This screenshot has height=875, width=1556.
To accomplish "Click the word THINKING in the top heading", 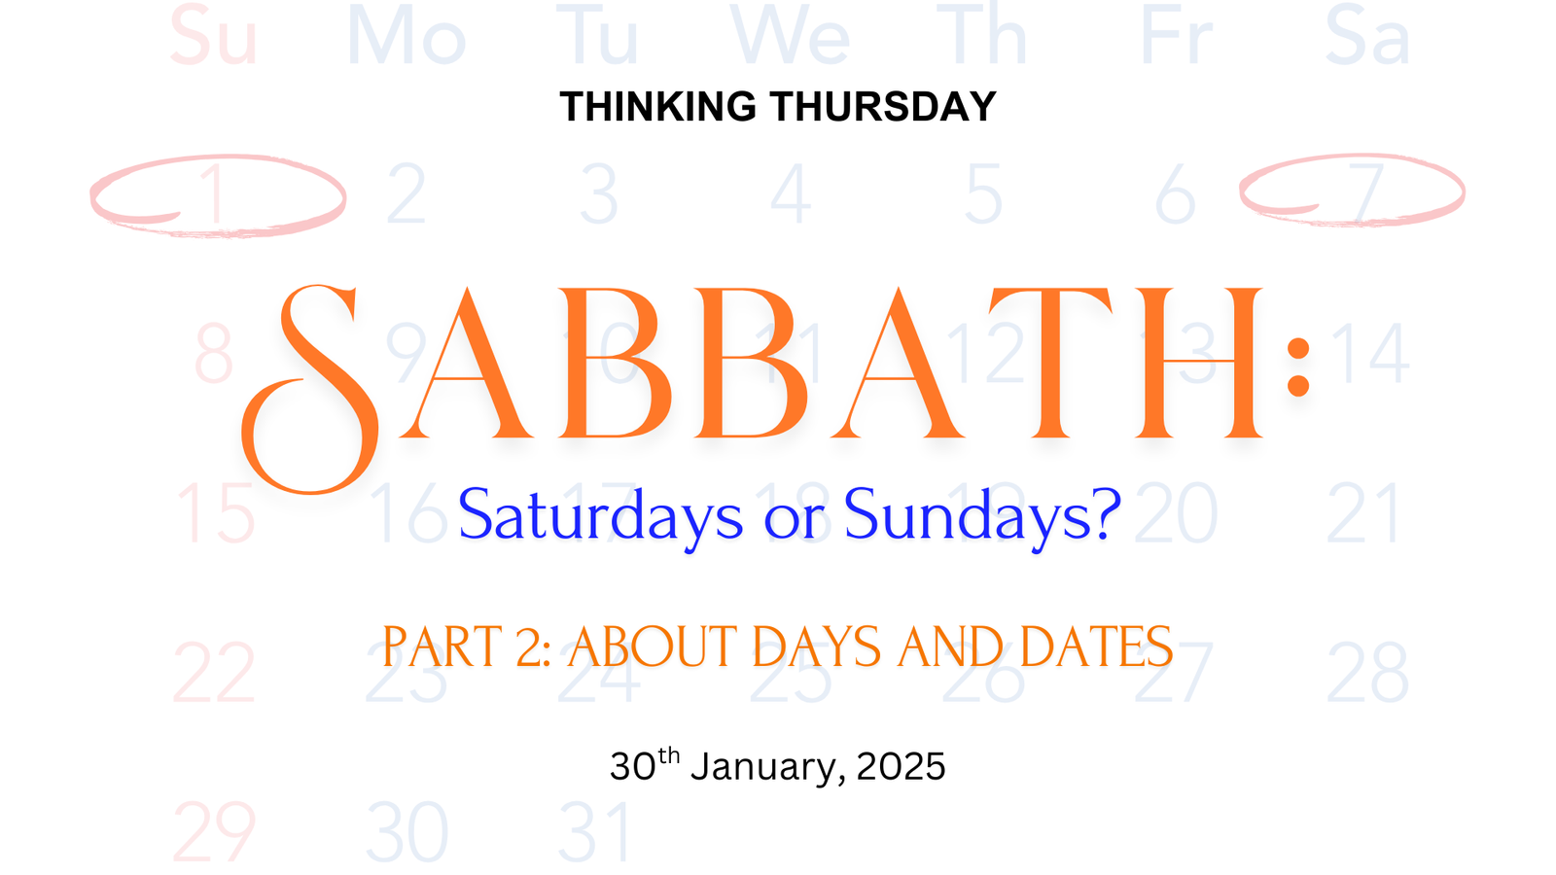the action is (657, 106).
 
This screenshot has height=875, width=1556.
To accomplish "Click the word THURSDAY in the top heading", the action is (883, 106).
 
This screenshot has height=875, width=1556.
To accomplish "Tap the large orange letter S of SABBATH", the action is (310, 389).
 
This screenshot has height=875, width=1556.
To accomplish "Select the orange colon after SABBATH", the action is (1297, 367).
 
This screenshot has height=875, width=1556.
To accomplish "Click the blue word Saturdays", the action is (600, 516).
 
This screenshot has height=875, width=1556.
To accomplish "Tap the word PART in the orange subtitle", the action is (442, 647).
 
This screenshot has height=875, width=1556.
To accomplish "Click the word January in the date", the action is (768, 767).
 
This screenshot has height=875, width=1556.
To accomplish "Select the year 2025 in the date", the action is (901, 766).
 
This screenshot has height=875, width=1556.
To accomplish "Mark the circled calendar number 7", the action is (1365, 193).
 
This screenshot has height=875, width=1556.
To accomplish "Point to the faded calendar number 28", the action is (1367, 672).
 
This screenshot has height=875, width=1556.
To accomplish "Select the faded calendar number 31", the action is (594, 831).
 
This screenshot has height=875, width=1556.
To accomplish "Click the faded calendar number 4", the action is (791, 193).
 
